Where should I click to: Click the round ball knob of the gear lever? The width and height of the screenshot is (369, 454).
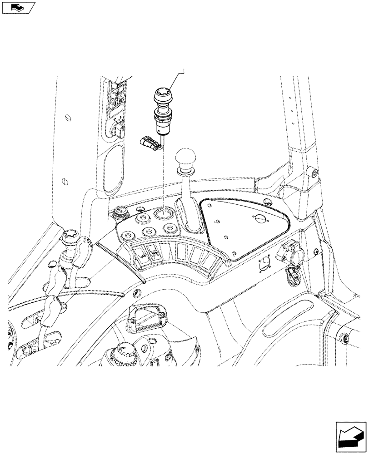185,159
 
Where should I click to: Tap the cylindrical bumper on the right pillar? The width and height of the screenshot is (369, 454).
312,173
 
